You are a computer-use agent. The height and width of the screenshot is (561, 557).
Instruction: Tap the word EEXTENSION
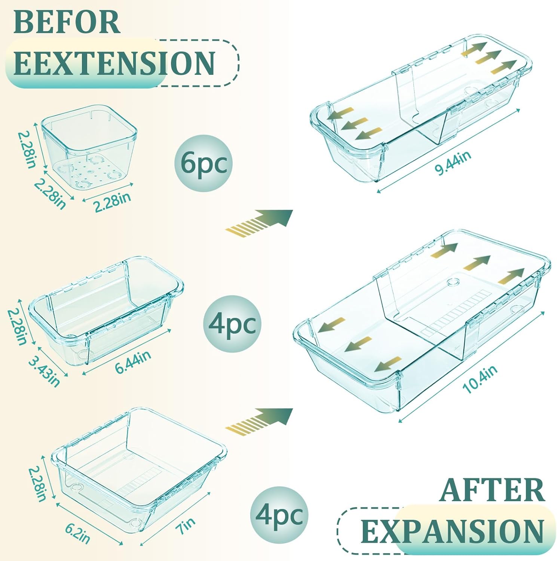click(114, 63)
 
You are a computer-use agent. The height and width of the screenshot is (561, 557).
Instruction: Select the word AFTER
click(492, 490)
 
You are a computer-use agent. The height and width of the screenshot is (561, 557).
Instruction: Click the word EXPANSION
click(452, 531)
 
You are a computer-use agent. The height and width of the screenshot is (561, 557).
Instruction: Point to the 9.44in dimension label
click(453, 163)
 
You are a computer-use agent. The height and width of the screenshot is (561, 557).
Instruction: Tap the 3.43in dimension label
click(44, 372)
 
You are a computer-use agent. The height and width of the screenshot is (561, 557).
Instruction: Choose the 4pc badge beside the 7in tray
click(279, 515)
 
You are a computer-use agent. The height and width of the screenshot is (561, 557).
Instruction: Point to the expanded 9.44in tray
click(421, 112)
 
